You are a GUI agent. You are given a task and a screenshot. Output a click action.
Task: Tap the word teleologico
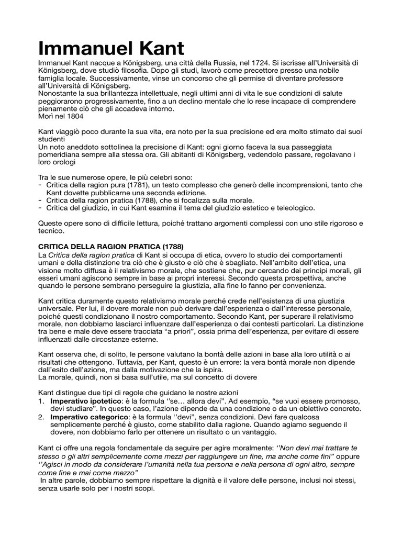(292, 208)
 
